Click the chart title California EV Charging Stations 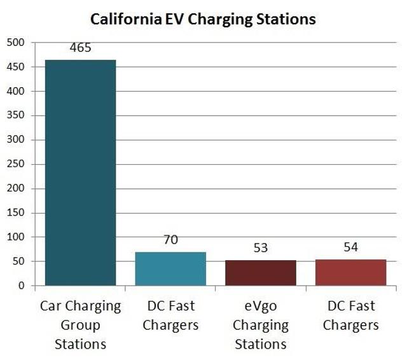(x=203, y=18)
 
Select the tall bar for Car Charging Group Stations (x=80, y=172)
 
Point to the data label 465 (x=80, y=50)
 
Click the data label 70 (x=170, y=240)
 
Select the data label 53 (x=260, y=249)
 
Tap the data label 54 (x=350, y=248)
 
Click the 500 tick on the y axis (x=16, y=43)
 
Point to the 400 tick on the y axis (x=16, y=92)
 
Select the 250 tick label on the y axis (x=16, y=164)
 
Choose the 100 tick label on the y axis (x=16, y=237)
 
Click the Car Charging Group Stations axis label (x=80, y=325)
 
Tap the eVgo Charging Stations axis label (x=260, y=325)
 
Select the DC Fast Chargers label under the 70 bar (x=170, y=315)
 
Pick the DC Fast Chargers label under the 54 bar (x=350, y=315)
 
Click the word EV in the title (x=177, y=18)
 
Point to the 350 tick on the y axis (x=16, y=116)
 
